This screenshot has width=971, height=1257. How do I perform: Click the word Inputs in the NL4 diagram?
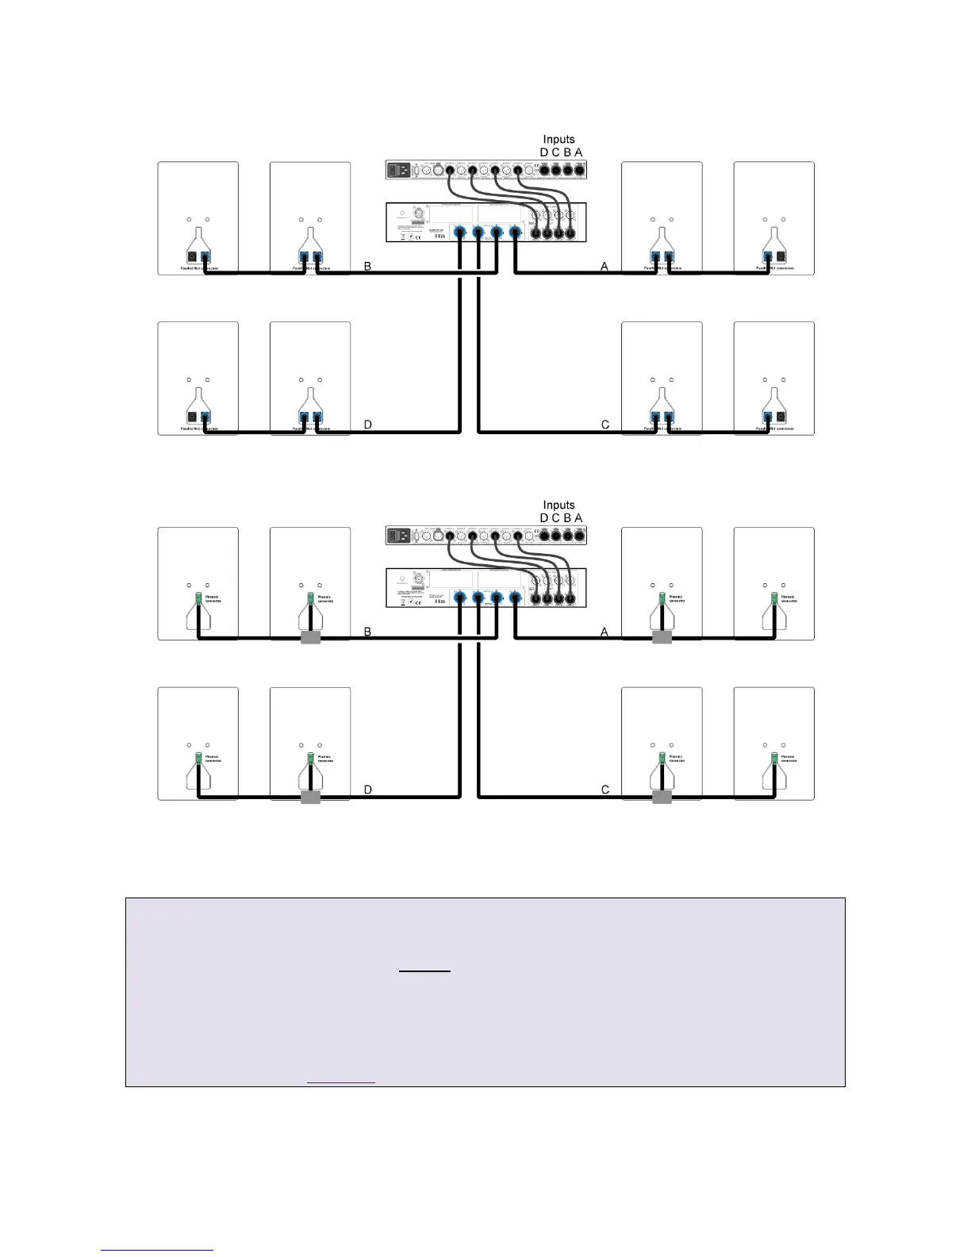click(558, 140)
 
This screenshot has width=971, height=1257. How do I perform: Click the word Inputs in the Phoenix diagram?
click(558, 505)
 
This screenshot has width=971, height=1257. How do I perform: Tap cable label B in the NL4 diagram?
click(368, 267)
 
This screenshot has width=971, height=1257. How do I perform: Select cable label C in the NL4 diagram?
click(605, 425)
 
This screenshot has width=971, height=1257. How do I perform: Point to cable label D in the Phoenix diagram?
click(368, 790)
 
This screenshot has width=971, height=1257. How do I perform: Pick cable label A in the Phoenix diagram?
click(604, 632)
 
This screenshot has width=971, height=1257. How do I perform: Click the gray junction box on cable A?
click(662, 637)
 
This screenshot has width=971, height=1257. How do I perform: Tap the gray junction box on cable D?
click(311, 797)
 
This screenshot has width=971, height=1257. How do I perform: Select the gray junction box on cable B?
click(311, 637)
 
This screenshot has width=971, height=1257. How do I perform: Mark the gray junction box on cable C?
click(662, 797)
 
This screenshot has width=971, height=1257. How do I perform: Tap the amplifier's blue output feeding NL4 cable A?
click(516, 232)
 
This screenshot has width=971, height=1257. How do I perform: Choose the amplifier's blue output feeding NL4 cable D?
click(459, 232)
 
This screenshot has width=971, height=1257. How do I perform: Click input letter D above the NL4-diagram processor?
click(544, 152)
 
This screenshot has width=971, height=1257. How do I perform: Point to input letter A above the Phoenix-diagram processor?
click(579, 518)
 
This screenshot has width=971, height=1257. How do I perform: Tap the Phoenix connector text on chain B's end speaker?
click(212, 599)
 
